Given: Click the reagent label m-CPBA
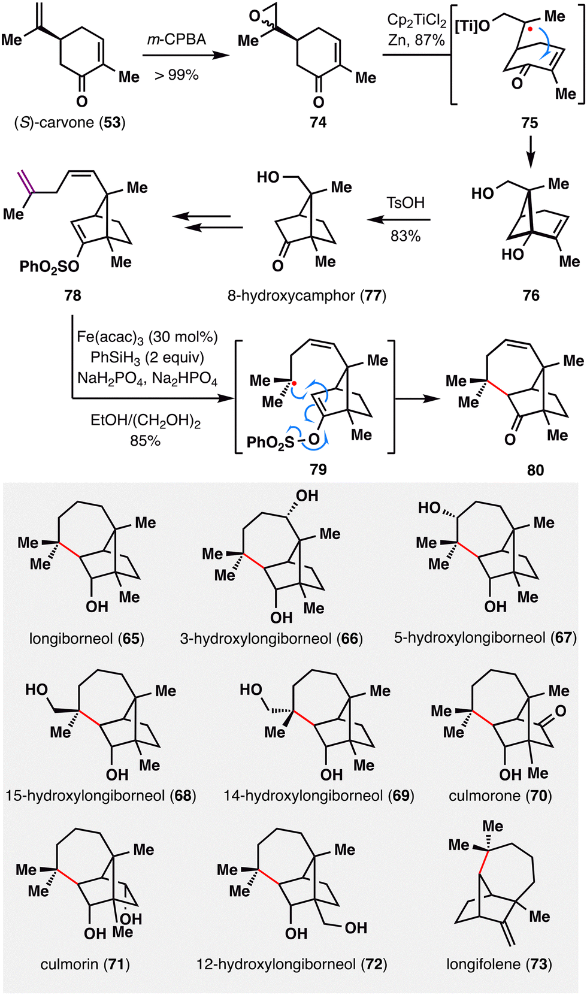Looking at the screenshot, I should tap(177, 40).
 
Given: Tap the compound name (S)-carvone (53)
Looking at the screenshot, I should tap(70, 123).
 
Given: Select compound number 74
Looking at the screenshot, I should tap(318, 123).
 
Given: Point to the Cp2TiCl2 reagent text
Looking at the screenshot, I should tap(416, 20).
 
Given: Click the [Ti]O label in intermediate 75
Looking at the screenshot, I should tap(473, 26).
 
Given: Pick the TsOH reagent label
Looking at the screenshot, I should tap(406, 202).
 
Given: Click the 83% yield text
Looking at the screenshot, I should tap(406, 236).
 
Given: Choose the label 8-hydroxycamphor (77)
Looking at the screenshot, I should tap(307, 295).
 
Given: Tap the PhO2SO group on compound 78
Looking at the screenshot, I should tap(49, 267).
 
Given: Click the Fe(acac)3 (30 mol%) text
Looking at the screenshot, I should tap(147, 337).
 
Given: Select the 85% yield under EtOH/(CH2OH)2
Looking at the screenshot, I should tap(145, 441).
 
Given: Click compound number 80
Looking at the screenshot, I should tap(535, 470).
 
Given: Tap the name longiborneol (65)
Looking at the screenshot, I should tap(87, 639).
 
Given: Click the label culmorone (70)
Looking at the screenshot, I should tap(500, 796).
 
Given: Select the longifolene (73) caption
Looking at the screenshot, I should tap(499, 964).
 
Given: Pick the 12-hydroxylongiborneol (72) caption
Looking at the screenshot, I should tap(292, 964).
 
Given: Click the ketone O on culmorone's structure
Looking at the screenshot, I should tap(561, 711).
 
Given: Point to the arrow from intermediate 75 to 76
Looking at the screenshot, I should tap(530, 152).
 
